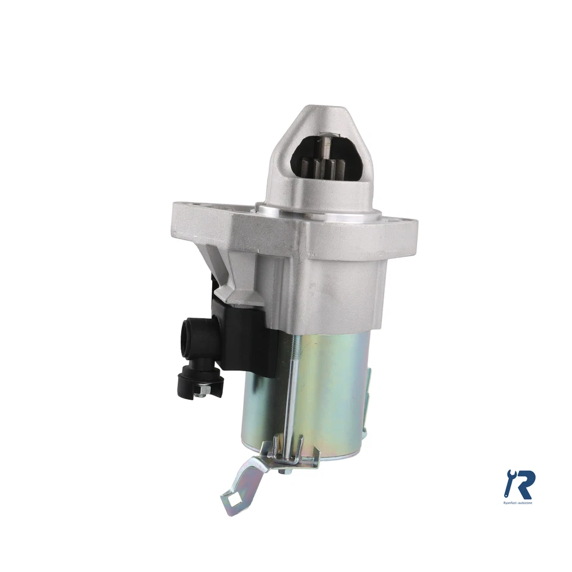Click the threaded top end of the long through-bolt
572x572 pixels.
click(294, 346)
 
